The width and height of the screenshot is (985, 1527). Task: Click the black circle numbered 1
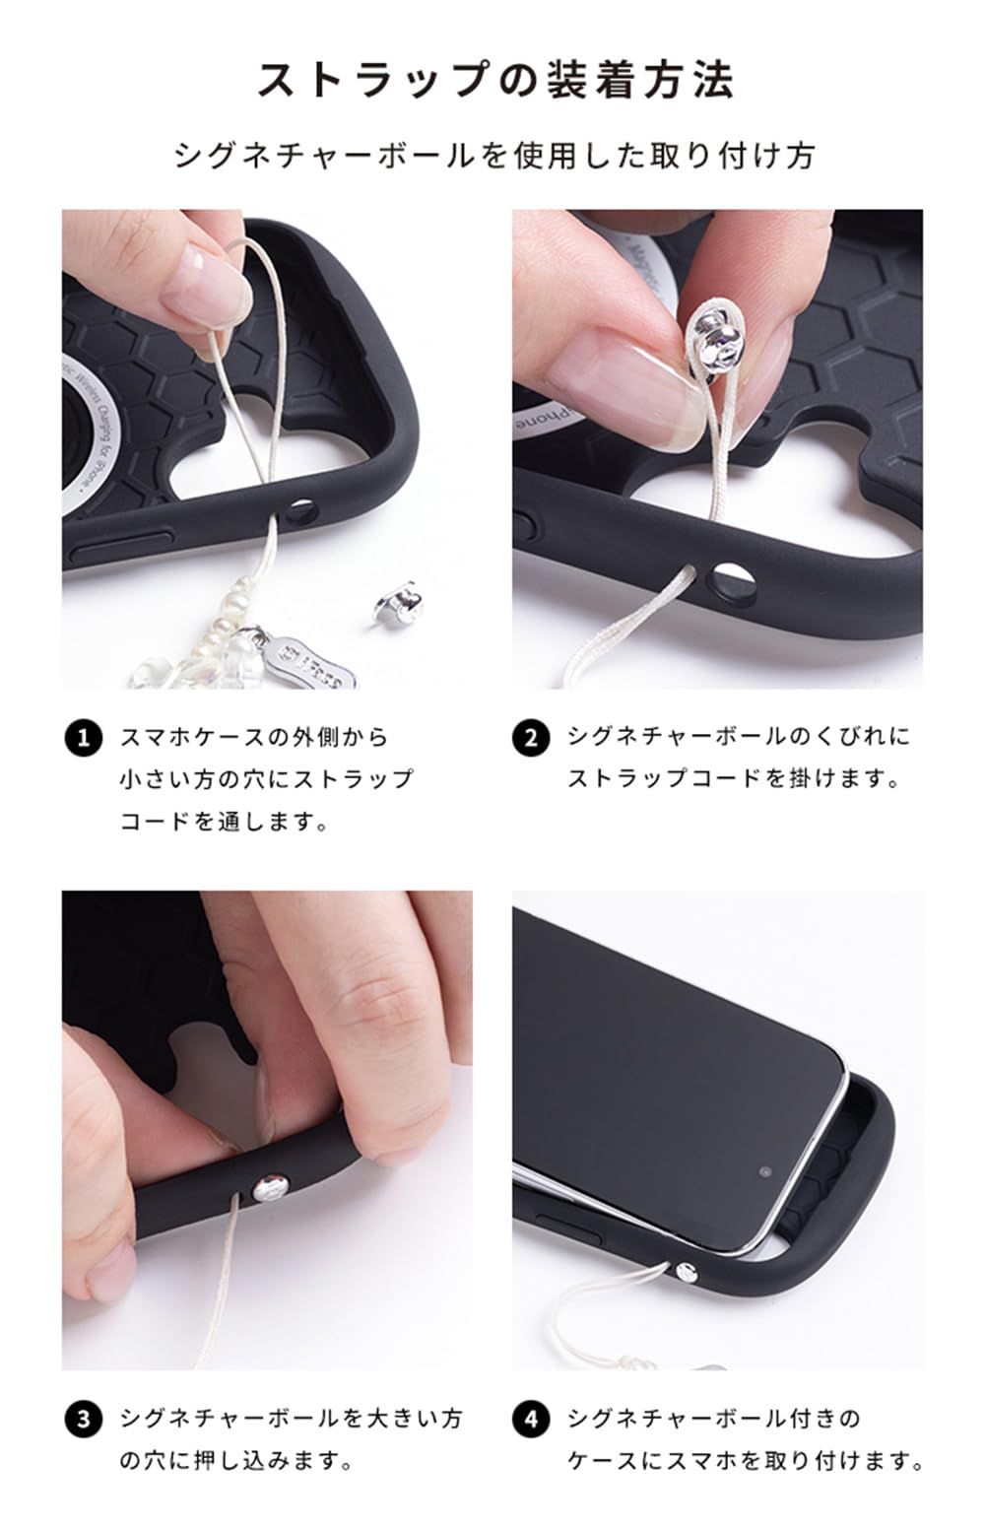(83, 738)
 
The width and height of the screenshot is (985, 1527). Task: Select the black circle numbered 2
(531, 738)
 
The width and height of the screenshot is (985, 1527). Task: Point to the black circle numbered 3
(83, 1420)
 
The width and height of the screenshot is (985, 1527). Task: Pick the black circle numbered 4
(531, 1420)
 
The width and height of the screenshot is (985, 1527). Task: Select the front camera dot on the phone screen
(765, 1172)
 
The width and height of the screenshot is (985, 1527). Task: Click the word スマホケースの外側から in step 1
(254, 737)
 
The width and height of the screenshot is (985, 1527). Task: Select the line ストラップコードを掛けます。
(734, 778)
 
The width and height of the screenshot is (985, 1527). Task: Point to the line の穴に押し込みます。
(236, 1460)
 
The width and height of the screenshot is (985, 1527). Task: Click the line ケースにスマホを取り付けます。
(746, 1460)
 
